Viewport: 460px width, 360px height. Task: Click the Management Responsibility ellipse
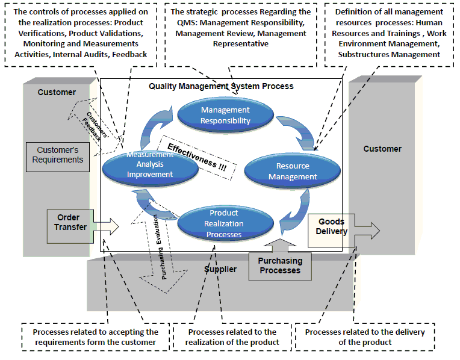[x=225, y=115]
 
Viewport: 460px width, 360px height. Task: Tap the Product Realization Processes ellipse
[x=224, y=223]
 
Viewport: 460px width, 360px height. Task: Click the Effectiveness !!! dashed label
[x=197, y=159]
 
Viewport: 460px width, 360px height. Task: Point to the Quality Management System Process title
[x=221, y=86]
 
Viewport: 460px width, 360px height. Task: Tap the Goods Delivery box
[x=332, y=226]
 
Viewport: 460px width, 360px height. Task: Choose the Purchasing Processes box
[x=280, y=265]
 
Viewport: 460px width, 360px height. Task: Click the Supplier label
[x=220, y=269]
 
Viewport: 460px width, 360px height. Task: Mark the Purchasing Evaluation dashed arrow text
[x=158, y=247]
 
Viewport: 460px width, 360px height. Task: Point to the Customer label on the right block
[x=382, y=149]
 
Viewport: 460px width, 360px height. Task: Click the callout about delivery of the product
[x=364, y=337]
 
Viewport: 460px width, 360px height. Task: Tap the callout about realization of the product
[x=232, y=337]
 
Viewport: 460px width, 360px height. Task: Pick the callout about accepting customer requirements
[x=96, y=337]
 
